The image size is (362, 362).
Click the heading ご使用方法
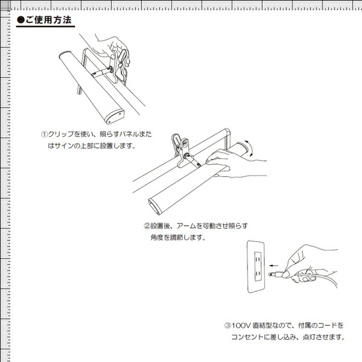point(49,21)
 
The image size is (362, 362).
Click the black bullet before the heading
point(21,21)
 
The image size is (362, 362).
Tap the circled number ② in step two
point(147,226)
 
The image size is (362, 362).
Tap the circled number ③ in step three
point(228,325)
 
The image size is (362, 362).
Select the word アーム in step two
point(187,226)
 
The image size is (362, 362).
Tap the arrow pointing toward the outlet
point(275,265)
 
